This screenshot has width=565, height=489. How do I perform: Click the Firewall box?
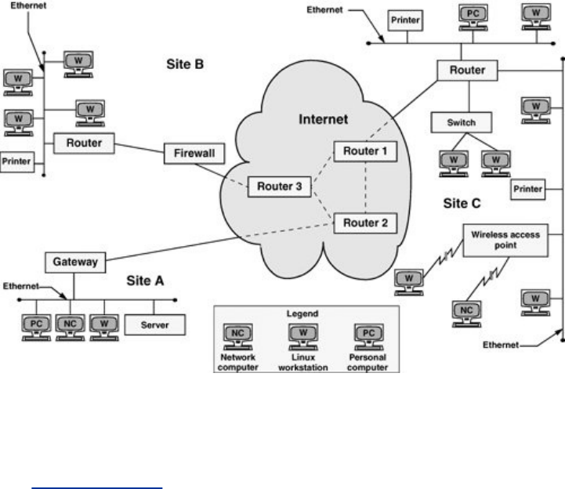click(x=194, y=154)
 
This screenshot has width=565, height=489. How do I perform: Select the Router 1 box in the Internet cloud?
click(x=365, y=151)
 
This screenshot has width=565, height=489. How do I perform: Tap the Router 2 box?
click(x=365, y=223)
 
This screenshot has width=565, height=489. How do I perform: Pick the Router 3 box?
click(x=280, y=187)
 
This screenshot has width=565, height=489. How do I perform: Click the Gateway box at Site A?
click(x=75, y=263)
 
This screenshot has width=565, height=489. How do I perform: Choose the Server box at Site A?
click(x=155, y=325)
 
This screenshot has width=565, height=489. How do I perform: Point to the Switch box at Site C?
click(x=462, y=122)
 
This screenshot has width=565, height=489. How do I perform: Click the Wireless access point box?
click(x=505, y=241)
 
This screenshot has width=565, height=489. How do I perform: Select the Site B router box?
click(x=84, y=143)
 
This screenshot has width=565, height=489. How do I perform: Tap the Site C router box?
click(x=467, y=71)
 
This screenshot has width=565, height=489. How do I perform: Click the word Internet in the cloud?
click(x=323, y=119)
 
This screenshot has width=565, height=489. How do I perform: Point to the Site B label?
click(x=185, y=64)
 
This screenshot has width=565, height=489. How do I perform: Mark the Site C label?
click(x=462, y=203)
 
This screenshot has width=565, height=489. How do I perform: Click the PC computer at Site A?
click(x=36, y=328)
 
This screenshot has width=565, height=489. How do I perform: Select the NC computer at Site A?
click(x=71, y=328)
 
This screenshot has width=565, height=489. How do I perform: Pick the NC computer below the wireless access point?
click(x=466, y=314)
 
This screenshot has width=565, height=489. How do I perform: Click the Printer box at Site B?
click(x=17, y=161)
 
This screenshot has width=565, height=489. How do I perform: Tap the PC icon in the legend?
click(x=368, y=337)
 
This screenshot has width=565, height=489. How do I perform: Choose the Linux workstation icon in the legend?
click(x=303, y=337)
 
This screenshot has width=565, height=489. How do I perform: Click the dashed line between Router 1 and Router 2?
click(x=365, y=187)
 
